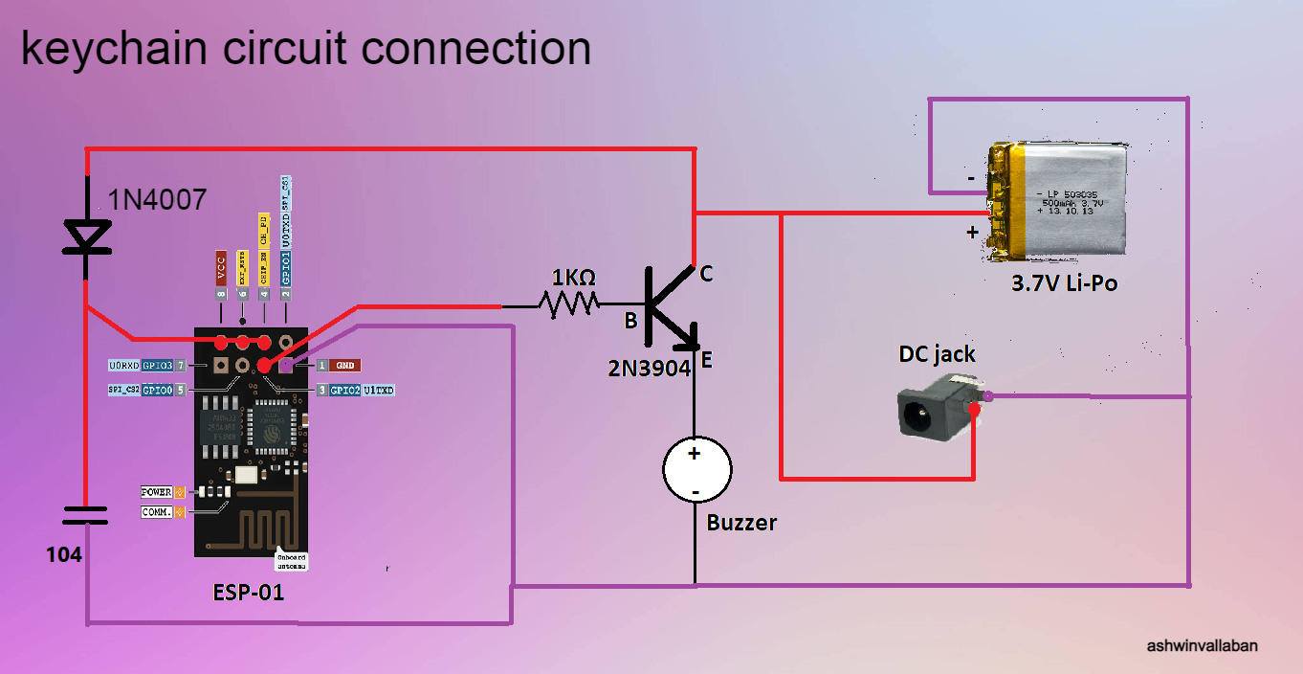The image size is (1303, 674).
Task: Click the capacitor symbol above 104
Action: click(x=86, y=517)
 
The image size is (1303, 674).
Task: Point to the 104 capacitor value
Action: click(x=64, y=555)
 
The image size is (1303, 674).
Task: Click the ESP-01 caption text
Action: click(x=248, y=592)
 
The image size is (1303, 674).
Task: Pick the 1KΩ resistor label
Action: click(x=574, y=278)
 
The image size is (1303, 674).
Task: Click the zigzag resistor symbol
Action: click(x=569, y=306)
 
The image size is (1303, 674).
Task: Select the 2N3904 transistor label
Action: click(x=649, y=368)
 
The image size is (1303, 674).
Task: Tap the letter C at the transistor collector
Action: click(x=706, y=274)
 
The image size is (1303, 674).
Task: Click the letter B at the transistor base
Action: click(x=630, y=321)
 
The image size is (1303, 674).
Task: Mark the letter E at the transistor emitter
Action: click(x=706, y=360)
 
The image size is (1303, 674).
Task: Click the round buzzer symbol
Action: click(x=696, y=470)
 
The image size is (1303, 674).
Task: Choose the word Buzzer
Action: click(x=741, y=523)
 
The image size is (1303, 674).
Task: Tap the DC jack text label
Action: click(x=937, y=354)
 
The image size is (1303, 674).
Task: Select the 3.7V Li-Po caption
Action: click(x=1064, y=283)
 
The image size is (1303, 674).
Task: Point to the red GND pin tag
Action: click(x=345, y=366)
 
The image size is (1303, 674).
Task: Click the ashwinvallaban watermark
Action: click(x=1202, y=645)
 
